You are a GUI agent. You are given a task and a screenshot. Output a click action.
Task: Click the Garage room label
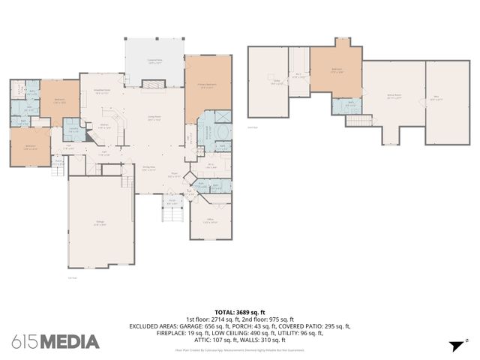tap(100, 223)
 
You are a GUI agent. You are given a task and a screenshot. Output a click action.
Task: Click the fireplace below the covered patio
tap(154, 85)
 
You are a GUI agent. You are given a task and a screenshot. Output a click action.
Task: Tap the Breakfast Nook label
tap(103, 92)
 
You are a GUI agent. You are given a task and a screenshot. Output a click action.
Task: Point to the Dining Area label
tap(148, 169)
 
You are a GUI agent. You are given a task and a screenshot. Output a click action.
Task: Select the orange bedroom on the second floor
tap(337, 72)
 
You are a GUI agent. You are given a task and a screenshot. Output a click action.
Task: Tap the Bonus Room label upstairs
tap(393, 97)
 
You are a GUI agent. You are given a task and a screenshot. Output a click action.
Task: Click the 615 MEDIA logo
tap(55, 342)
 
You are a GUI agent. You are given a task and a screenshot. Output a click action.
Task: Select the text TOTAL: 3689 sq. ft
tap(240, 311)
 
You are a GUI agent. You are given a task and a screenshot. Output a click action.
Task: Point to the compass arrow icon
tap(455, 346)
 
